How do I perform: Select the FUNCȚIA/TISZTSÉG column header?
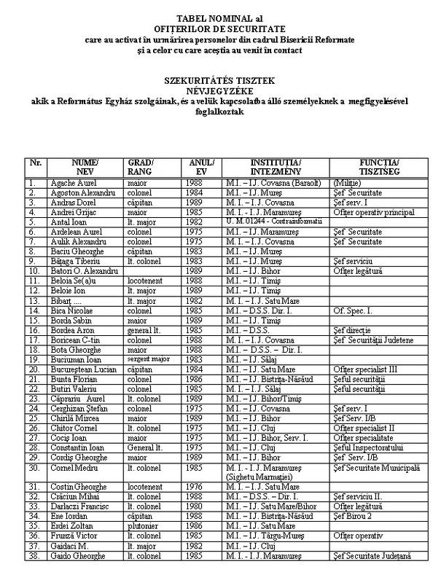pos(378,165)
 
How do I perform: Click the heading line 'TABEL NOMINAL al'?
pos(219,17)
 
